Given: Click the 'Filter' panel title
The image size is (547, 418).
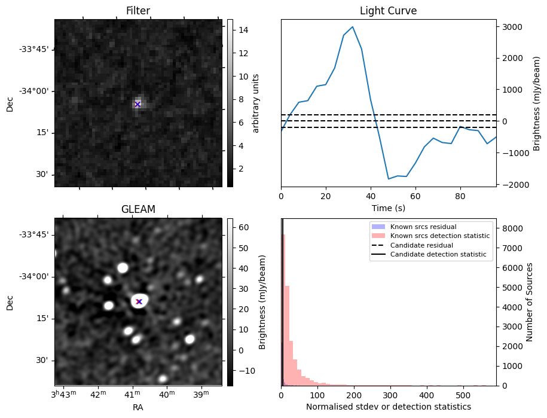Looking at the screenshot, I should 137,11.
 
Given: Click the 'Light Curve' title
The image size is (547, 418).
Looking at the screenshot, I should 388,11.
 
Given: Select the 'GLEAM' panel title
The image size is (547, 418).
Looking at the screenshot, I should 137,209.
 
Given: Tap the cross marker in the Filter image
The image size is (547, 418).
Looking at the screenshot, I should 137,104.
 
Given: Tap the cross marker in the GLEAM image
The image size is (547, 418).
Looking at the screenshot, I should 139,301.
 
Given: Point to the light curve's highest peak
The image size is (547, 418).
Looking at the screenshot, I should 353,27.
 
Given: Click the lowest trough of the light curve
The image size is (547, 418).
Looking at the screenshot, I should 389,179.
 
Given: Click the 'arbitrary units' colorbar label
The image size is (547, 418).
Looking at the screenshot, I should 256,103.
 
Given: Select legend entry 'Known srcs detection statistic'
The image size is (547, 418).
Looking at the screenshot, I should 439,236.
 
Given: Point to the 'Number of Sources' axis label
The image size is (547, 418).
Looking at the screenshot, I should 530,302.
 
